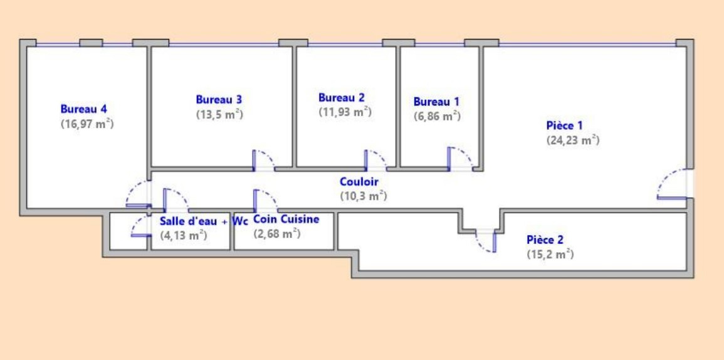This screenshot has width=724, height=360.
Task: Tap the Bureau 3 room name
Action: coord(219,99)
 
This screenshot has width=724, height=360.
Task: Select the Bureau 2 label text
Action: coord(341,97)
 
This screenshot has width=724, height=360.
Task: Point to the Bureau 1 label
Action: coord(436,102)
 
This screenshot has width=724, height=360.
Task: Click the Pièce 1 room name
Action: coord(564,125)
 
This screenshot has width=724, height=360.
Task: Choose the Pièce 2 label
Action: coord(545,240)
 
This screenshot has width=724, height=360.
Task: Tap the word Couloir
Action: coord(359,182)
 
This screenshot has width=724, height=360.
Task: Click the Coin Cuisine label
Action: coord(286,219)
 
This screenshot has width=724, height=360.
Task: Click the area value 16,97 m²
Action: coord(87,124)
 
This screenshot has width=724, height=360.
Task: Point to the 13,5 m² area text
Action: coord(220,115)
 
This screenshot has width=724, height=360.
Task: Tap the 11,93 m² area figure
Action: coord(345,112)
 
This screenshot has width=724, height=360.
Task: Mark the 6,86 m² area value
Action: coord(437,116)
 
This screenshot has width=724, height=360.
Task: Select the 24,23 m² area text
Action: coord(572,140)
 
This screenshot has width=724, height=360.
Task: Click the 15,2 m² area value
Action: coord(550,254)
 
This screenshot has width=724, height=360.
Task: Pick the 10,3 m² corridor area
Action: coord(364,196)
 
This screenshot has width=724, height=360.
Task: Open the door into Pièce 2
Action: coord(486,241)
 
